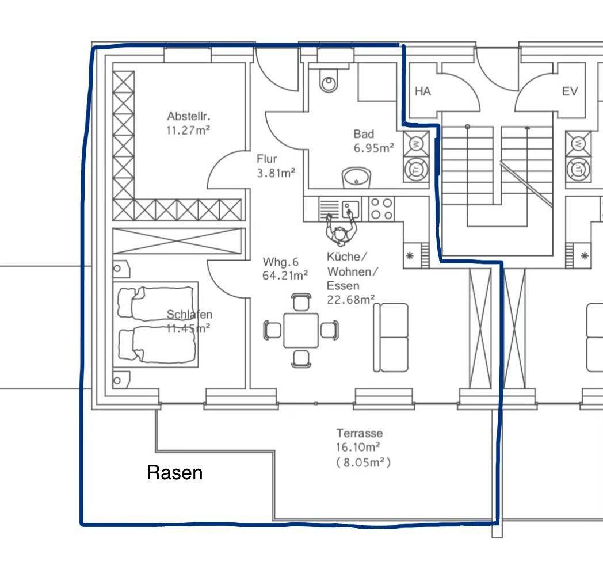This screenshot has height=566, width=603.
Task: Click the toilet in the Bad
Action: click(x=329, y=80)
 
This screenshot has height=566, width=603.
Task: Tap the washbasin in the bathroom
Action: click(x=356, y=178)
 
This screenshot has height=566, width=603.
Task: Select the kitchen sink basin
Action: click(x=350, y=209)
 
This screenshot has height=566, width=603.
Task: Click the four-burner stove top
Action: click(x=381, y=209)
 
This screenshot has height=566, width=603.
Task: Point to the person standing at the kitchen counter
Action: click(x=341, y=229)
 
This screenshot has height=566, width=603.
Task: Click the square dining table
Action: click(x=301, y=331)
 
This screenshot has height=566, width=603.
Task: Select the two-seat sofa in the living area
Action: click(x=391, y=338)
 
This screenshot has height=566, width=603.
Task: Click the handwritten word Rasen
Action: click(x=174, y=473)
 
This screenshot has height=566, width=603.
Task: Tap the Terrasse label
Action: click(x=360, y=433)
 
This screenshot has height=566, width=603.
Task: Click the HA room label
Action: click(x=423, y=91)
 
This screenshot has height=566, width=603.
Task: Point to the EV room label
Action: click(x=570, y=91)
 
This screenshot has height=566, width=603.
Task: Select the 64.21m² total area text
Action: click(x=285, y=276)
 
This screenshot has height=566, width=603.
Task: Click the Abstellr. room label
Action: click(x=189, y=116)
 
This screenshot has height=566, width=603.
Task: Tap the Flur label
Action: click(x=267, y=159)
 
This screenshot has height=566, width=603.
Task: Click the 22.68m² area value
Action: click(x=351, y=300)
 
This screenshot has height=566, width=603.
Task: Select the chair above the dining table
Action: click(x=301, y=302)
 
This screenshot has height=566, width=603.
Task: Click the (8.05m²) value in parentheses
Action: click(x=364, y=462)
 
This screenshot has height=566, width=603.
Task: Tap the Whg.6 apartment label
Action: click(x=280, y=262)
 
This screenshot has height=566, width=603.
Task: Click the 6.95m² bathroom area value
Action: click(x=374, y=148)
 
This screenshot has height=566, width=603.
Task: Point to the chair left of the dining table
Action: click(x=273, y=330)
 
